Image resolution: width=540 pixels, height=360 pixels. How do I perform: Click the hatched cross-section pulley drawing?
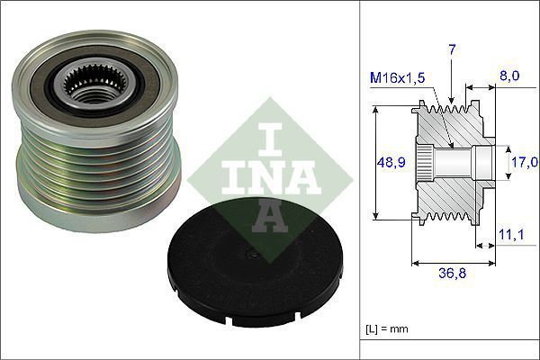450,163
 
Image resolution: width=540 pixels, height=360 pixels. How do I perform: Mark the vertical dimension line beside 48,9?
373,163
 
